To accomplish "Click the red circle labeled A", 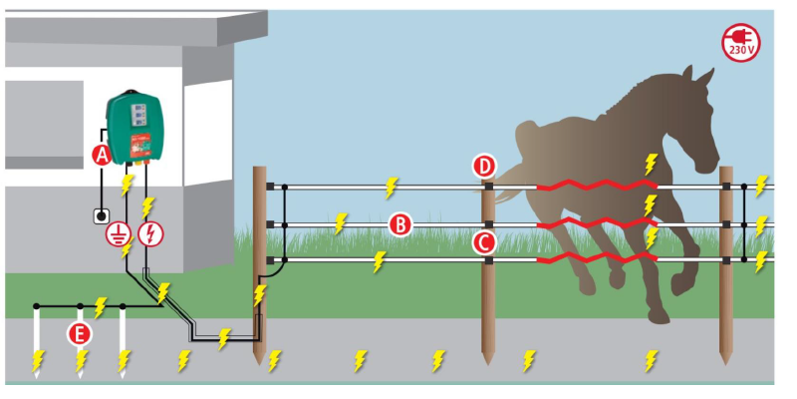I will tap(100, 154).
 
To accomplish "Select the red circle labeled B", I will tap(399, 224).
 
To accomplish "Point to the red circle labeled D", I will tap(485, 166).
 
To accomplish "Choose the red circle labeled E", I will tap(79, 332).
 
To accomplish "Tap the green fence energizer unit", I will tap(135, 126).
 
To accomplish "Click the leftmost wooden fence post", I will tap(260, 259).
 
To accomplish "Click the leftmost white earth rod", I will tap(36, 339).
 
